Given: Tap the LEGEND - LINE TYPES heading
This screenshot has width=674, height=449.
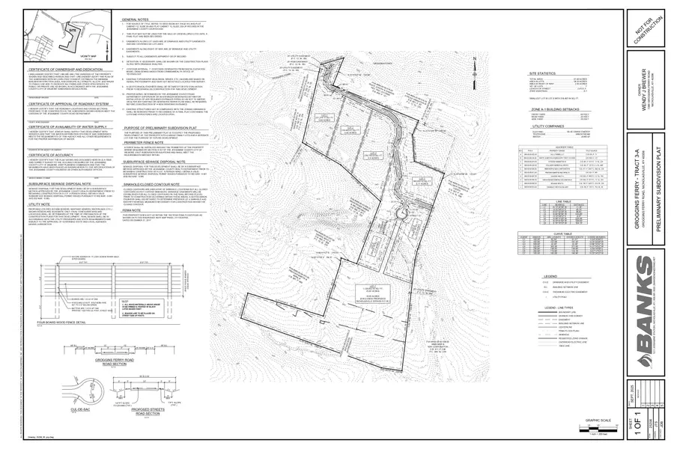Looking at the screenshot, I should (x=567, y=308).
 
